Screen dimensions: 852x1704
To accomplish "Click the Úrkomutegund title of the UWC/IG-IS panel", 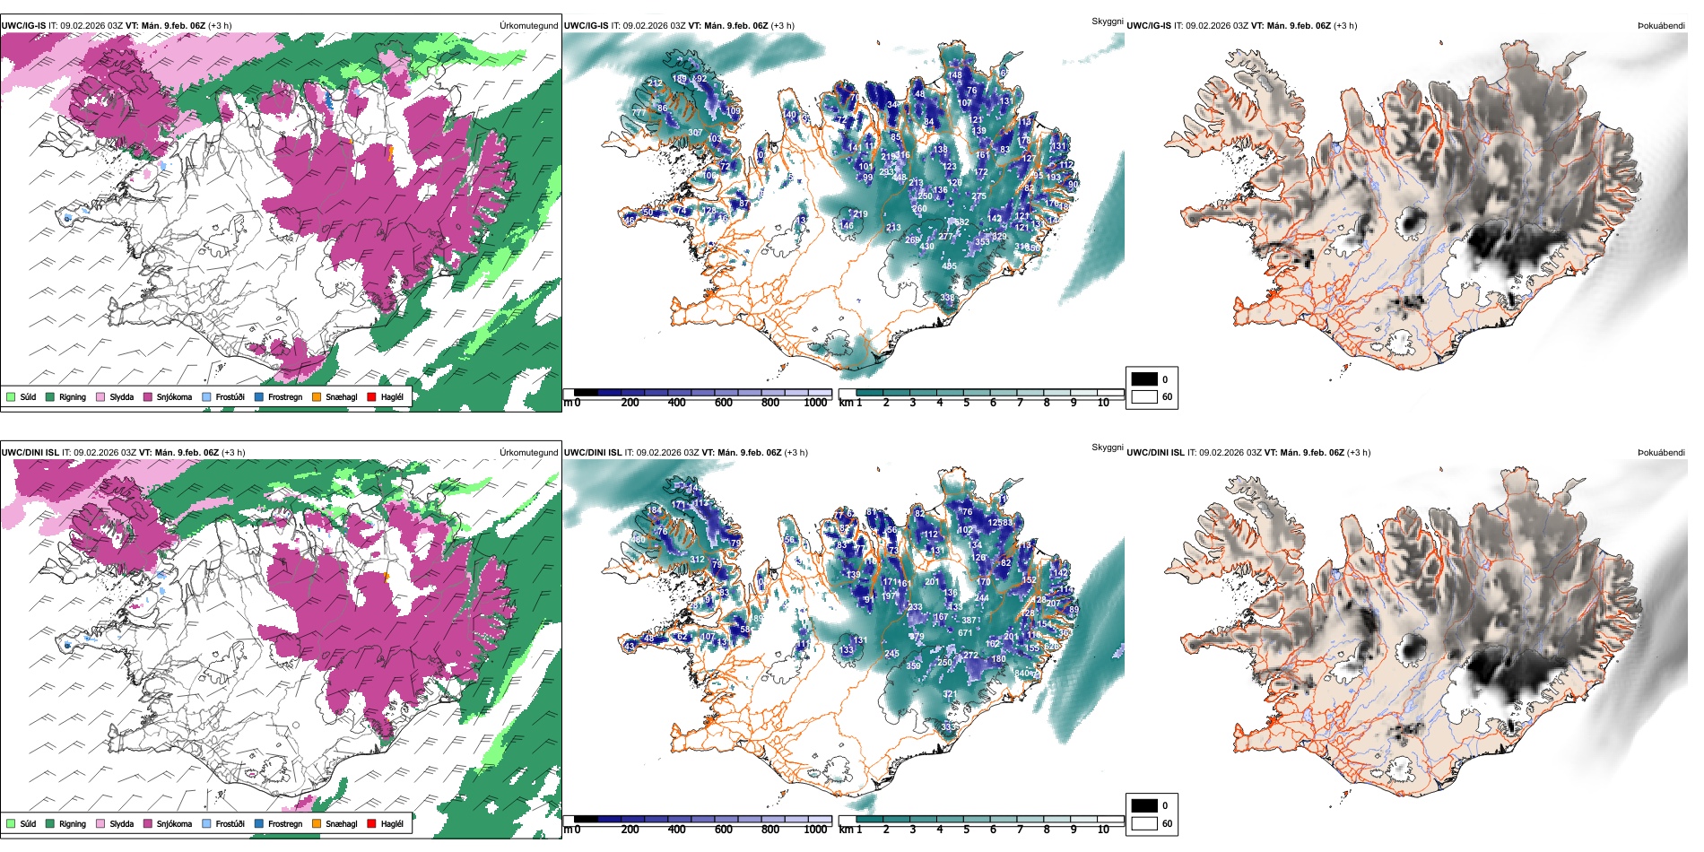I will point(528,25).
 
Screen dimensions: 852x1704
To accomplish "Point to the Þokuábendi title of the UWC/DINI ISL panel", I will point(1661,452).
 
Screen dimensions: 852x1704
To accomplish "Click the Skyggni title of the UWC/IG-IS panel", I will point(1107,21).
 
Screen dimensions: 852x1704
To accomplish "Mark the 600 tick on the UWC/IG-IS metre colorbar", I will point(724,403).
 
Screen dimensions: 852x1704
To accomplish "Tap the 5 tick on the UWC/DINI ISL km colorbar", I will point(967,830).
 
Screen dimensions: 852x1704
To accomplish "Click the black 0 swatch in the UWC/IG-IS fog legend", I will point(1144,378).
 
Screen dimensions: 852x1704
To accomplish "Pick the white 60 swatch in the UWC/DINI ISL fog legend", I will point(1144,823).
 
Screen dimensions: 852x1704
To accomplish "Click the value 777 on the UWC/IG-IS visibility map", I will point(639,112).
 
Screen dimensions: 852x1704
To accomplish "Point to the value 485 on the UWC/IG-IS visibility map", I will point(949,265).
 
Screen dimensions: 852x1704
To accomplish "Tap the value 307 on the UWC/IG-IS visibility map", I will point(695,133).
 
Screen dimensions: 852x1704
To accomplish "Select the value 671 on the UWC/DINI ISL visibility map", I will point(965,632).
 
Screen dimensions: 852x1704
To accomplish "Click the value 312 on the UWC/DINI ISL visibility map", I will point(697,559).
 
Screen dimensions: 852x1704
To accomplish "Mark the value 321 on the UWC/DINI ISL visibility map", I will point(949,693).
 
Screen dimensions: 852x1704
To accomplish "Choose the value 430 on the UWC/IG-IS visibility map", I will point(926,246).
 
